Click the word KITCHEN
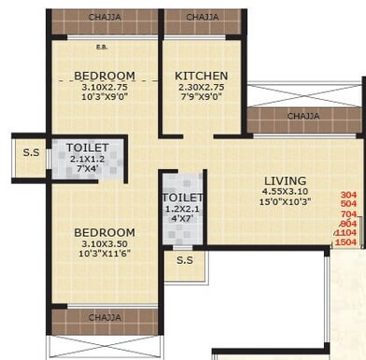pyautogui.click(x=202, y=76)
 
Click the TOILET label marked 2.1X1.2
pyautogui.click(x=89, y=147)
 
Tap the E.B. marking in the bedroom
pyautogui.click(x=101, y=46)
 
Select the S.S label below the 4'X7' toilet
pyautogui.click(x=185, y=261)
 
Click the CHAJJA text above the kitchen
pyautogui.click(x=203, y=17)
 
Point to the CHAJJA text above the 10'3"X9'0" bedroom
pyautogui.click(x=104, y=17)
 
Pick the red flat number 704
pyautogui.click(x=348, y=215)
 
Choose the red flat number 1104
pyautogui.click(x=346, y=233)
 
